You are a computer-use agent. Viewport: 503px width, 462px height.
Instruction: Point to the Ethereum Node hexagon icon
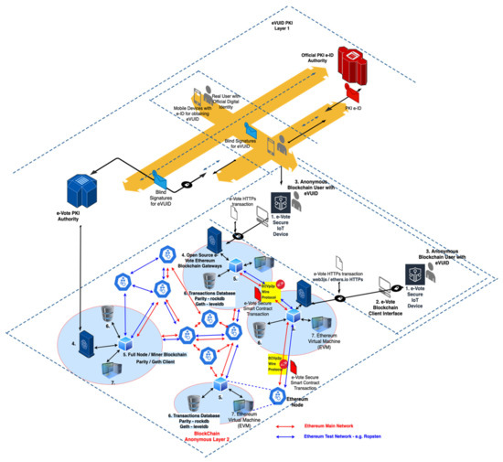[279, 395]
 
